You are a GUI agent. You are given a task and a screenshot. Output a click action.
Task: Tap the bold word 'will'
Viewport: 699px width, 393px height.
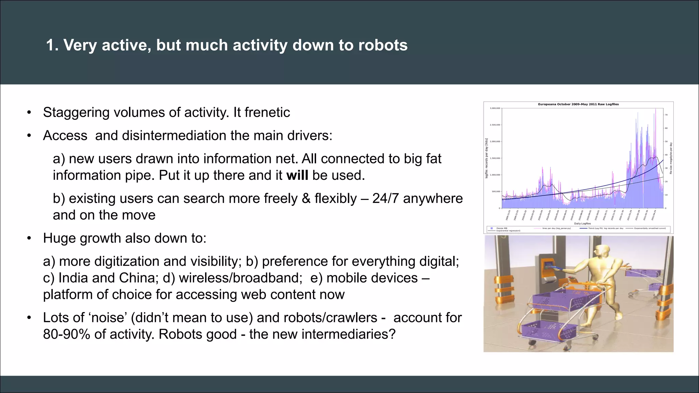tap(297, 175)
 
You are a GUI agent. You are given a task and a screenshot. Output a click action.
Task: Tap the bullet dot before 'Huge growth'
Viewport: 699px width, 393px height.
tap(29, 238)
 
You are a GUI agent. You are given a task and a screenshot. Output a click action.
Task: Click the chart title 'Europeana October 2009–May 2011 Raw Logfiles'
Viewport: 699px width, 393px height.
tap(578, 104)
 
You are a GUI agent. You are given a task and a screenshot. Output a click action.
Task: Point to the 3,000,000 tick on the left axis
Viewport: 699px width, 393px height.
tap(495, 108)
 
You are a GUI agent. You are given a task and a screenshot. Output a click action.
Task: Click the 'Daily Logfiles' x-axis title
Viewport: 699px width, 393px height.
tap(582, 223)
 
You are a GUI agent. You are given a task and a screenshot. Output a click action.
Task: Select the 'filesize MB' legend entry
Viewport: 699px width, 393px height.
tap(501, 228)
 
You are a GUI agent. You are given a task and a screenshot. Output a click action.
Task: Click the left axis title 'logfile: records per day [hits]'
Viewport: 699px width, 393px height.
tap(486, 158)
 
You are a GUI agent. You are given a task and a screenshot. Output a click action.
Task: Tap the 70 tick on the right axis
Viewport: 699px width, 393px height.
tap(666, 115)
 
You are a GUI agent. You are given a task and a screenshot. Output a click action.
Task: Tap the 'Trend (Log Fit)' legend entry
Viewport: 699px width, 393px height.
tap(605, 228)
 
